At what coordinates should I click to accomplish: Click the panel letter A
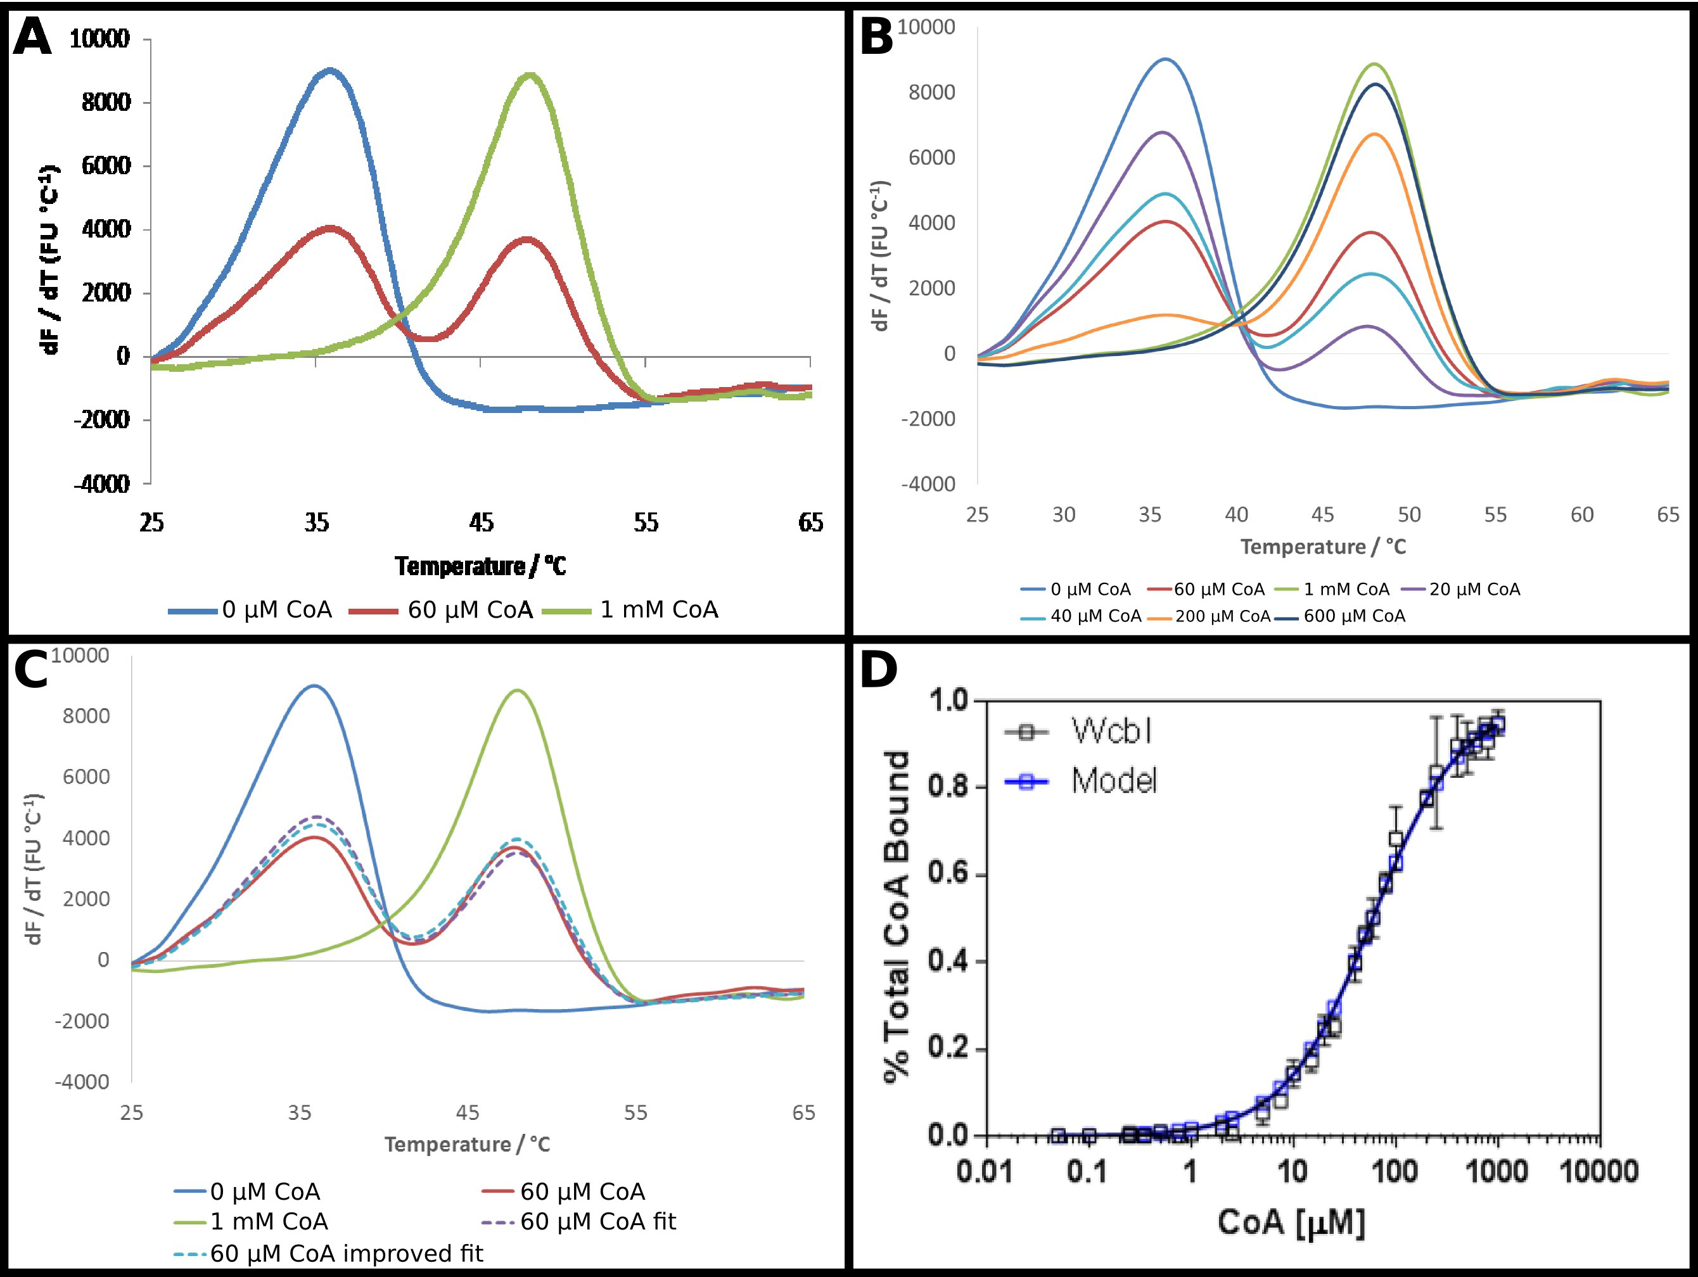point(32,37)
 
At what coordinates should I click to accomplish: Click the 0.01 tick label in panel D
point(985,1172)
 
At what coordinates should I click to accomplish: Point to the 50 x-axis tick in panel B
point(1408,514)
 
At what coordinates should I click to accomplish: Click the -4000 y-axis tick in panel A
point(102,484)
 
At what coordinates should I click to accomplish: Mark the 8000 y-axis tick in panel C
point(86,716)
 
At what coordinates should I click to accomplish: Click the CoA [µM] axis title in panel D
point(1291,1222)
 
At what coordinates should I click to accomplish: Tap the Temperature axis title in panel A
point(480,566)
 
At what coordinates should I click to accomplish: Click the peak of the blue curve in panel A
point(331,70)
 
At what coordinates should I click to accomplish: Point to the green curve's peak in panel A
point(530,75)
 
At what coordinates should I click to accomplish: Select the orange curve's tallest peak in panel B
point(1375,134)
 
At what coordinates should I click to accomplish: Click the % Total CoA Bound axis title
point(897,917)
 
